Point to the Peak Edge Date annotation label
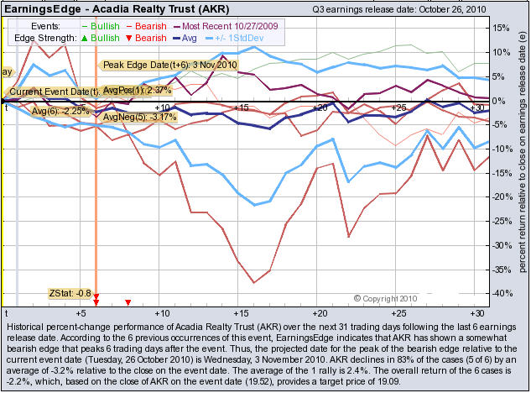(x=169, y=65)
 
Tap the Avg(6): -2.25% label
(x=60, y=110)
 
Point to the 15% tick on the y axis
(x=497, y=28)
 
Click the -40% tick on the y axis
(x=497, y=293)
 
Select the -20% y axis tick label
(x=497, y=196)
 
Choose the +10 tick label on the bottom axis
(x=163, y=312)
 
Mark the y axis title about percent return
(x=522, y=160)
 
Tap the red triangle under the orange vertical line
(x=96, y=300)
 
